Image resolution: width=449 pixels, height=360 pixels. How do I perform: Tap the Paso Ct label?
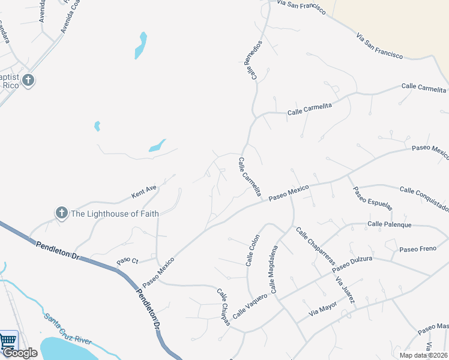[x=127, y=261]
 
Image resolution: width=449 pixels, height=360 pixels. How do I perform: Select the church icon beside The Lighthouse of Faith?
[x=61, y=213]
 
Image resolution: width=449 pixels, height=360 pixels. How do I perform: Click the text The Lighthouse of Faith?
[x=115, y=214]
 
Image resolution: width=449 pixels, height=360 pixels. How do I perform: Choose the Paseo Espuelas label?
[x=372, y=199]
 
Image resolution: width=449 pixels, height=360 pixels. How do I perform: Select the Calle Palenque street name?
[x=390, y=224]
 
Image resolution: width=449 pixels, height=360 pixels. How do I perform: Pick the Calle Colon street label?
[x=252, y=250]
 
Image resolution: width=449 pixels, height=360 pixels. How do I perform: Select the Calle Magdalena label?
[x=274, y=269]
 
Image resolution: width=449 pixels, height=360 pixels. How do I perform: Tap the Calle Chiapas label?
[x=223, y=307]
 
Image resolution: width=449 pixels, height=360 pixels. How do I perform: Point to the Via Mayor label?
[x=323, y=308]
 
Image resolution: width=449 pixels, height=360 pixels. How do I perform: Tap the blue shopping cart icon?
[x=7, y=341]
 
